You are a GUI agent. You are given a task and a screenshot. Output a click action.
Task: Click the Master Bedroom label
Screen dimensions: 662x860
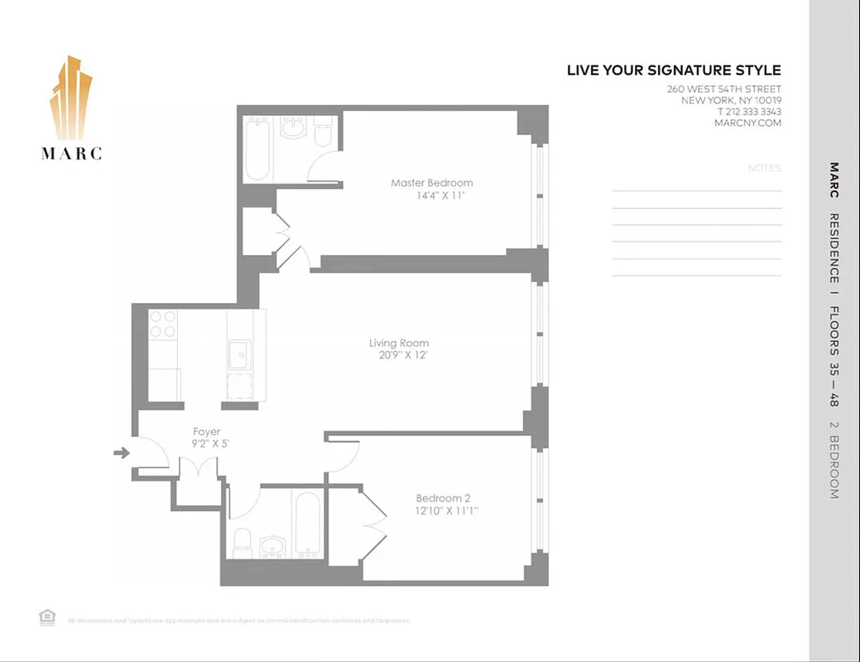click(x=431, y=183)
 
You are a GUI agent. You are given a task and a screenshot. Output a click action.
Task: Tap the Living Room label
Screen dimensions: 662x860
click(x=398, y=343)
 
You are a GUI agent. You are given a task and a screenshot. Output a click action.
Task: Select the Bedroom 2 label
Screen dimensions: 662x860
click(x=443, y=498)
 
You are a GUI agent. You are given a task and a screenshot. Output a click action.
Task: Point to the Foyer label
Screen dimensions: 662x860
click(x=206, y=432)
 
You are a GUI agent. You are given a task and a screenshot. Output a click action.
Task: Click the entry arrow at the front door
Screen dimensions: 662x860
click(x=122, y=453)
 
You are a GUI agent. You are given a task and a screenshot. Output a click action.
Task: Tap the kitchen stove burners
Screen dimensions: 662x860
click(x=163, y=324)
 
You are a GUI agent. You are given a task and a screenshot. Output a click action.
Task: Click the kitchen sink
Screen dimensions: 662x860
click(x=240, y=356)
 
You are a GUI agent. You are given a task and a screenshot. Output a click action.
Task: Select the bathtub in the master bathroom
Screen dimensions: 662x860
click(x=257, y=148)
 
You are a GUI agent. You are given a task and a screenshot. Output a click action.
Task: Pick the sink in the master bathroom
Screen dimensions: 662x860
click(x=292, y=127)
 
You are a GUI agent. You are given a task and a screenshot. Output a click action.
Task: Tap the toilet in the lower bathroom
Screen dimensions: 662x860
click(x=243, y=542)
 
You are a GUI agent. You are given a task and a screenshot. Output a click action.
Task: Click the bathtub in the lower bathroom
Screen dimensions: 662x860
click(x=307, y=525)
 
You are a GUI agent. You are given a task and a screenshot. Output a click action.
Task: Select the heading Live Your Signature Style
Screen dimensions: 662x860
click(x=673, y=70)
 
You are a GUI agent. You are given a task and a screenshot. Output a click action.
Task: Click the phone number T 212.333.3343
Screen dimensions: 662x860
click(x=749, y=112)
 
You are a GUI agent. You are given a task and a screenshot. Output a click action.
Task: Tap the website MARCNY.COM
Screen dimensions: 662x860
click(x=747, y=123)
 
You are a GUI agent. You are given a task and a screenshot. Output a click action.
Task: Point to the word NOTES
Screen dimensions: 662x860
click(x=763, y=168)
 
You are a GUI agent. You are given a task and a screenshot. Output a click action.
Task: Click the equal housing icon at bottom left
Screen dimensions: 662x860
click(x=46, y=616)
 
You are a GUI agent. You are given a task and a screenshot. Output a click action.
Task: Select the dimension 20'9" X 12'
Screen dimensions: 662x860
click(x=398, y=356)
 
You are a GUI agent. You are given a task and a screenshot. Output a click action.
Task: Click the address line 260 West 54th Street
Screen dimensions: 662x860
click(x=723, y=89)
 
